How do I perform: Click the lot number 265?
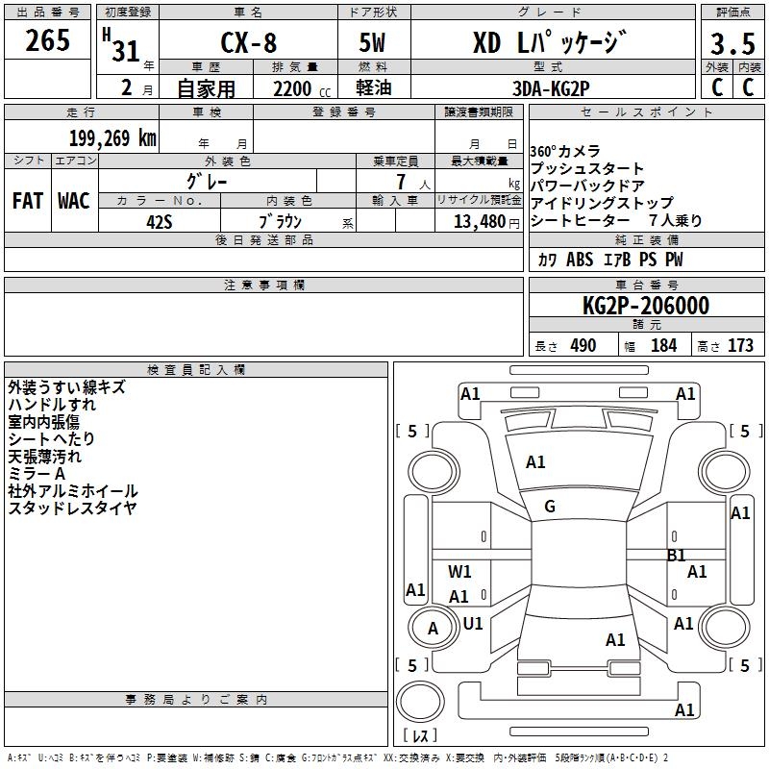[47, 40]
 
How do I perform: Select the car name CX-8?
[249, 42]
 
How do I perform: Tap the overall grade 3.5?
[732, 43]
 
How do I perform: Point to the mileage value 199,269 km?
[112, 138]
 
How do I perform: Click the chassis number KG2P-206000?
[646, 306]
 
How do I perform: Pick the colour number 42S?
[160, 222]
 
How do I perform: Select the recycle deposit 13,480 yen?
[486, 222]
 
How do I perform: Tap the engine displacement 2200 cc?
[302, 88]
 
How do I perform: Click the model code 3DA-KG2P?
[551, 88]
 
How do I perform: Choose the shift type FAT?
[28, 201]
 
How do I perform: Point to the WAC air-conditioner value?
[74, 201]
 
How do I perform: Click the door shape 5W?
[372, 42]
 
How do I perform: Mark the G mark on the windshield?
[550, 507]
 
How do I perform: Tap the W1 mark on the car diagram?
[459, 571]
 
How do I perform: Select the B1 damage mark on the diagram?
[677, 556]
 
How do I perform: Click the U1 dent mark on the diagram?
[473, 623]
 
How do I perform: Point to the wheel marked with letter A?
[433, 629]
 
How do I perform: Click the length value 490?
[583, 345]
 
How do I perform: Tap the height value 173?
[740, 345]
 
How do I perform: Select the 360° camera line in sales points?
[565, 151]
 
